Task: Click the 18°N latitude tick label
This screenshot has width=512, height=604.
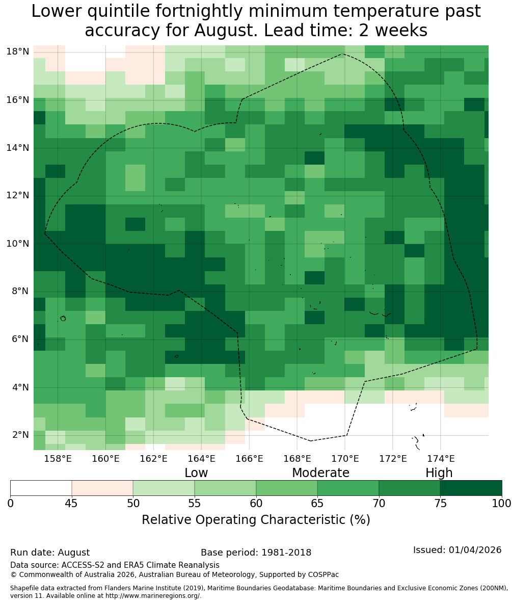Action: click(18, 51)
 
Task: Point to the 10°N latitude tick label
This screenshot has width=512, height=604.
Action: click(18, 244)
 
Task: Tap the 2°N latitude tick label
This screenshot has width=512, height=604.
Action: click(20, 435)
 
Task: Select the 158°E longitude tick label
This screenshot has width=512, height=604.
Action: click(58, 458)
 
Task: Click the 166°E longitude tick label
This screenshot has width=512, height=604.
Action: click(249, 458)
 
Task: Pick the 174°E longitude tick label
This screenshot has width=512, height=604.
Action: click(441, 458)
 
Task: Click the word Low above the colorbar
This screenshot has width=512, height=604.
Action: click(196, 472)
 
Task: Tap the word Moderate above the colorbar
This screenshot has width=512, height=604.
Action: click(320, 472)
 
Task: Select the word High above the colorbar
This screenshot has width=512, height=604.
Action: click(439, 473)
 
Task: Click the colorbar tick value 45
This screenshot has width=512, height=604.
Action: click(71, 504)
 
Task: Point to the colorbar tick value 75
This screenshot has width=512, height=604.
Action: click(440, 504)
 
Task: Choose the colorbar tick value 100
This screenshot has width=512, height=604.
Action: click(502, 504)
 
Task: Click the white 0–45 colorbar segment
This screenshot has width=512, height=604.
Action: click(41, 488)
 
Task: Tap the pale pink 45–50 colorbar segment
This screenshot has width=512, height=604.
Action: click(102, 488)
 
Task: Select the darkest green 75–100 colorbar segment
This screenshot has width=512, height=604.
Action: click(471, 488)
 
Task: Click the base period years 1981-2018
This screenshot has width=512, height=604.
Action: click(286, 553)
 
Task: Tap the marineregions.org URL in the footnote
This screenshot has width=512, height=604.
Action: click(152, 596)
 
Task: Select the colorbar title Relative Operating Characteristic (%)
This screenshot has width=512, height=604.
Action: click(256, 519)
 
